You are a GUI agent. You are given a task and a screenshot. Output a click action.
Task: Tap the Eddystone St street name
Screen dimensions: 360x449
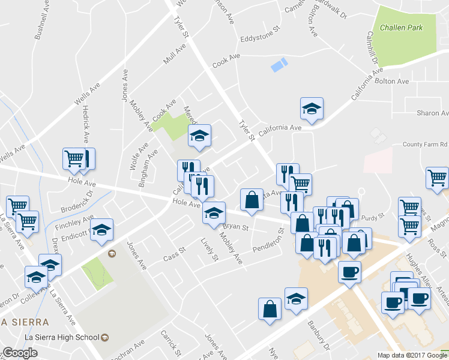click(x=261, y=39)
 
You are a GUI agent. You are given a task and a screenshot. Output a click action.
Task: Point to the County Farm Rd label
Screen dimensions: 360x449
click(x=426, y=145)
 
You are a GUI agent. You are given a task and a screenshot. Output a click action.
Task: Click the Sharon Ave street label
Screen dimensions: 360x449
click(x=433, y=113)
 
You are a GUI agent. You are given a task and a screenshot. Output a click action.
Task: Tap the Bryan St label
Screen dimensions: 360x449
click(x=236, y=227)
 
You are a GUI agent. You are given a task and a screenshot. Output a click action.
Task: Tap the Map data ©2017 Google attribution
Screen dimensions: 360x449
click(x=412, y=355)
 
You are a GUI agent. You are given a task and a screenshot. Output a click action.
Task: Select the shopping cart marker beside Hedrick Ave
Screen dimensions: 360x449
click(x=74, y=158)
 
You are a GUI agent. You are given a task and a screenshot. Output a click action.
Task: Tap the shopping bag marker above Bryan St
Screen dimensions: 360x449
click(x=252, y=199)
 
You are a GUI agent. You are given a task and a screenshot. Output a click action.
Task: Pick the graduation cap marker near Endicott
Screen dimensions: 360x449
click(x=102, y=230)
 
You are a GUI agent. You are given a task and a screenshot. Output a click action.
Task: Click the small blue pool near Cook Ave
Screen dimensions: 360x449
click(x=279, y=65)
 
